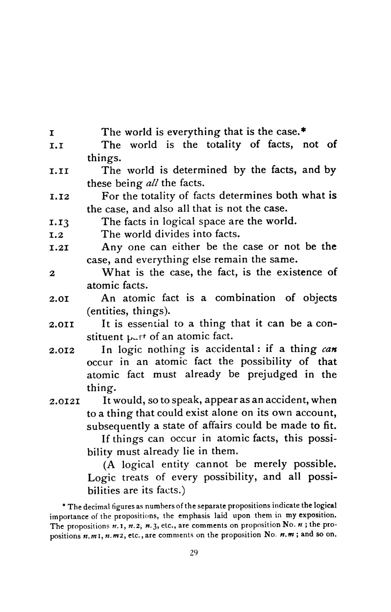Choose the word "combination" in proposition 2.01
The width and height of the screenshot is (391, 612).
click(245, 298)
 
